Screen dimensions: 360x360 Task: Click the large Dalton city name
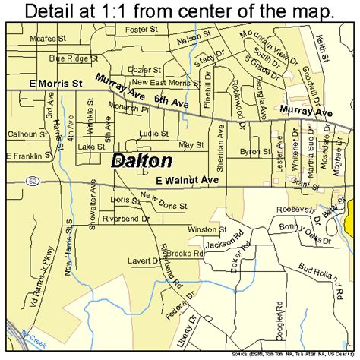click(142, 161)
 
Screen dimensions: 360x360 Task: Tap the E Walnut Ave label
click(187, 180)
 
